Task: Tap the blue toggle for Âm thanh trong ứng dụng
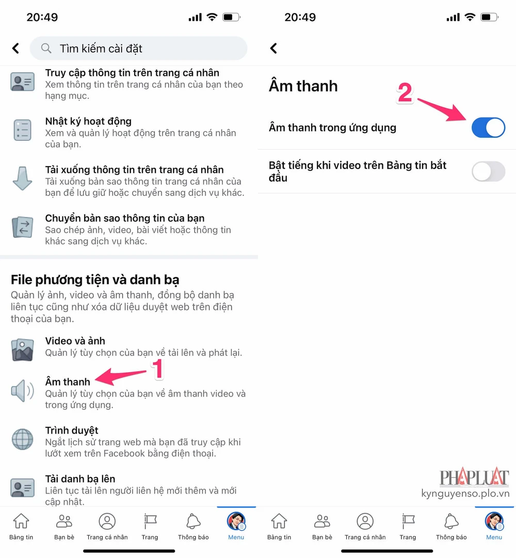tap(488, 127)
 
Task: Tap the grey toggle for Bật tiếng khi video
tap(488, 171)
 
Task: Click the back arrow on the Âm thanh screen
tap(273, 48)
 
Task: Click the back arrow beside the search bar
tap(15, 48)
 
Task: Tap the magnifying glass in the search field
tap(46, 48)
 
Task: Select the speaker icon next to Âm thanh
tap(22, 391)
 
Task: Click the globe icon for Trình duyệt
tap(22, 439)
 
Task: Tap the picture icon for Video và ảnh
tap(22, 350)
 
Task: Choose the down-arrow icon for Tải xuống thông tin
tap(22, 178)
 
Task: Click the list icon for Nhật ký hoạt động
tap(22, 130)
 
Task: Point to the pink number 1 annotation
tap(157, 369)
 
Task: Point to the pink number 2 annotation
tap(405, 92)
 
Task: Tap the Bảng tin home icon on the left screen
tap(21, 521)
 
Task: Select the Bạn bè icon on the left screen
tap(64, 521)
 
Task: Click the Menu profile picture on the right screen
tap(494, 521)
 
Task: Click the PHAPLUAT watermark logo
tap(474, 477)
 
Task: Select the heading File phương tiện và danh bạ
tap(95, 280)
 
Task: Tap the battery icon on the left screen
tap(231, 17)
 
